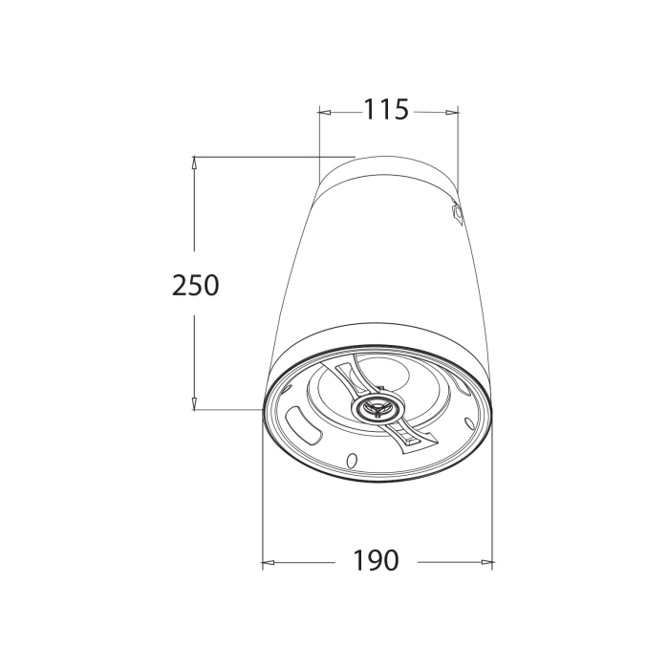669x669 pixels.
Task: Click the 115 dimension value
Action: coord(386,109)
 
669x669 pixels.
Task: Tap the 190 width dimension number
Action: coord(376,560)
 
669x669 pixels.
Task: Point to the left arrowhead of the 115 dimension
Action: coord(325,112)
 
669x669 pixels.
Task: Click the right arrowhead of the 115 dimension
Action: coord(452,112)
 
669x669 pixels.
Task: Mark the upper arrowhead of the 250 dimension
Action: coord(194,163)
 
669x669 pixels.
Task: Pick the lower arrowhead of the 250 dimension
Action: coord(194,403)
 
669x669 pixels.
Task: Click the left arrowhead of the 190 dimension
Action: coord(269,562)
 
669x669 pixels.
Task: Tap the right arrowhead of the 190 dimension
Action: coord(486,562)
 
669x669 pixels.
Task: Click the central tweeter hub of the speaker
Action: coord(378,407)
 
